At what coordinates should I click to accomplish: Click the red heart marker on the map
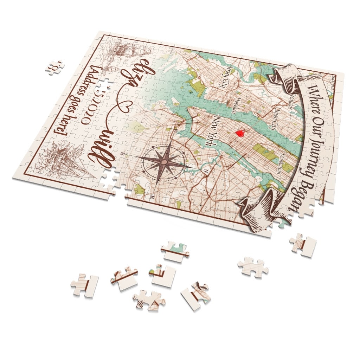coord(240,133)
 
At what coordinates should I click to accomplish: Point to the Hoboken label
coord(230,104)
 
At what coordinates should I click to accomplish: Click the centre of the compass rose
coord(163,161)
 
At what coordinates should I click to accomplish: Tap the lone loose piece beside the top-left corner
coord(55,66)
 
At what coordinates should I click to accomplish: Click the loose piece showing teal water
coord(175,251)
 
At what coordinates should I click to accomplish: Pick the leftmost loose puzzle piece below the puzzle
coord(85,285)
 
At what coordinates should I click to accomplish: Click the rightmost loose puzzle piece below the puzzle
coord(303,245)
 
